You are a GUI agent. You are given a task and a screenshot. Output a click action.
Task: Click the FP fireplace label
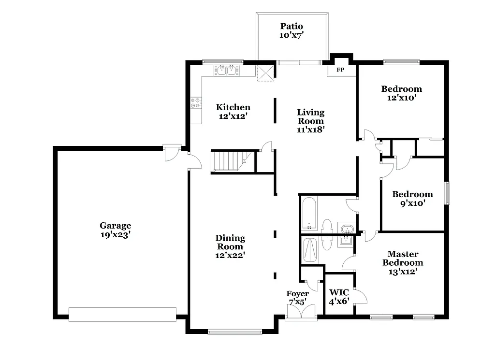click(x=340, y=70)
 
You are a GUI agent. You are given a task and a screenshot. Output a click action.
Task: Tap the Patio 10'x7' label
click(x=291, y=30)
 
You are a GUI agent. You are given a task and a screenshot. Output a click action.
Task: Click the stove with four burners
click(x=196, y=102)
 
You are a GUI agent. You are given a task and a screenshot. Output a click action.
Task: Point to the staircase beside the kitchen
click(x=228, y=161)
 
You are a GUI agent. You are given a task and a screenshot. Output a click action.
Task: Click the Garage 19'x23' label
click(x=115, y=230)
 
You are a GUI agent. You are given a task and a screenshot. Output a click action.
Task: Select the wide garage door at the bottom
click(x=122, y=314)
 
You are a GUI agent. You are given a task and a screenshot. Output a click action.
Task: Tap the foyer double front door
click(x=301, y=312)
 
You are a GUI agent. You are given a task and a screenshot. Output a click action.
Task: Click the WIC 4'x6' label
click(x=339, y=296)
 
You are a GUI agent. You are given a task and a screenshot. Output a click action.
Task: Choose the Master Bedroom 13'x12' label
click(x=403, y=262)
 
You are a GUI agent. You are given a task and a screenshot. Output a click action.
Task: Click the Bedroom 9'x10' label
click(x=412, y=198)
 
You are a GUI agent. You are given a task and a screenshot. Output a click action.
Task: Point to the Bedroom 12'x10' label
click(x=401, y=93)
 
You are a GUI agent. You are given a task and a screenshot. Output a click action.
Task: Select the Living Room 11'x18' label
click(x=310, y=121)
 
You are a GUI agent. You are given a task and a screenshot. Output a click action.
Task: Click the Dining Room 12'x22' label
click(x=230, y=246)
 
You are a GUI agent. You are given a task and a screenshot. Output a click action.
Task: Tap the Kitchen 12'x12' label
click(x=233, y=111)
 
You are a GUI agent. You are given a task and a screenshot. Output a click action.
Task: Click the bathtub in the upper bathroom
click(x=309, y=214)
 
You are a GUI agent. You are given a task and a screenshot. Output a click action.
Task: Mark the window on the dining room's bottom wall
click(x=234, y=331)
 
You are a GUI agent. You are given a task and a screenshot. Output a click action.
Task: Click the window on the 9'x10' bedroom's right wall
click(x=447, y=193)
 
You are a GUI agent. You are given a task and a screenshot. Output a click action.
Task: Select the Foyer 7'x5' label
click(x=297, y=298)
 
